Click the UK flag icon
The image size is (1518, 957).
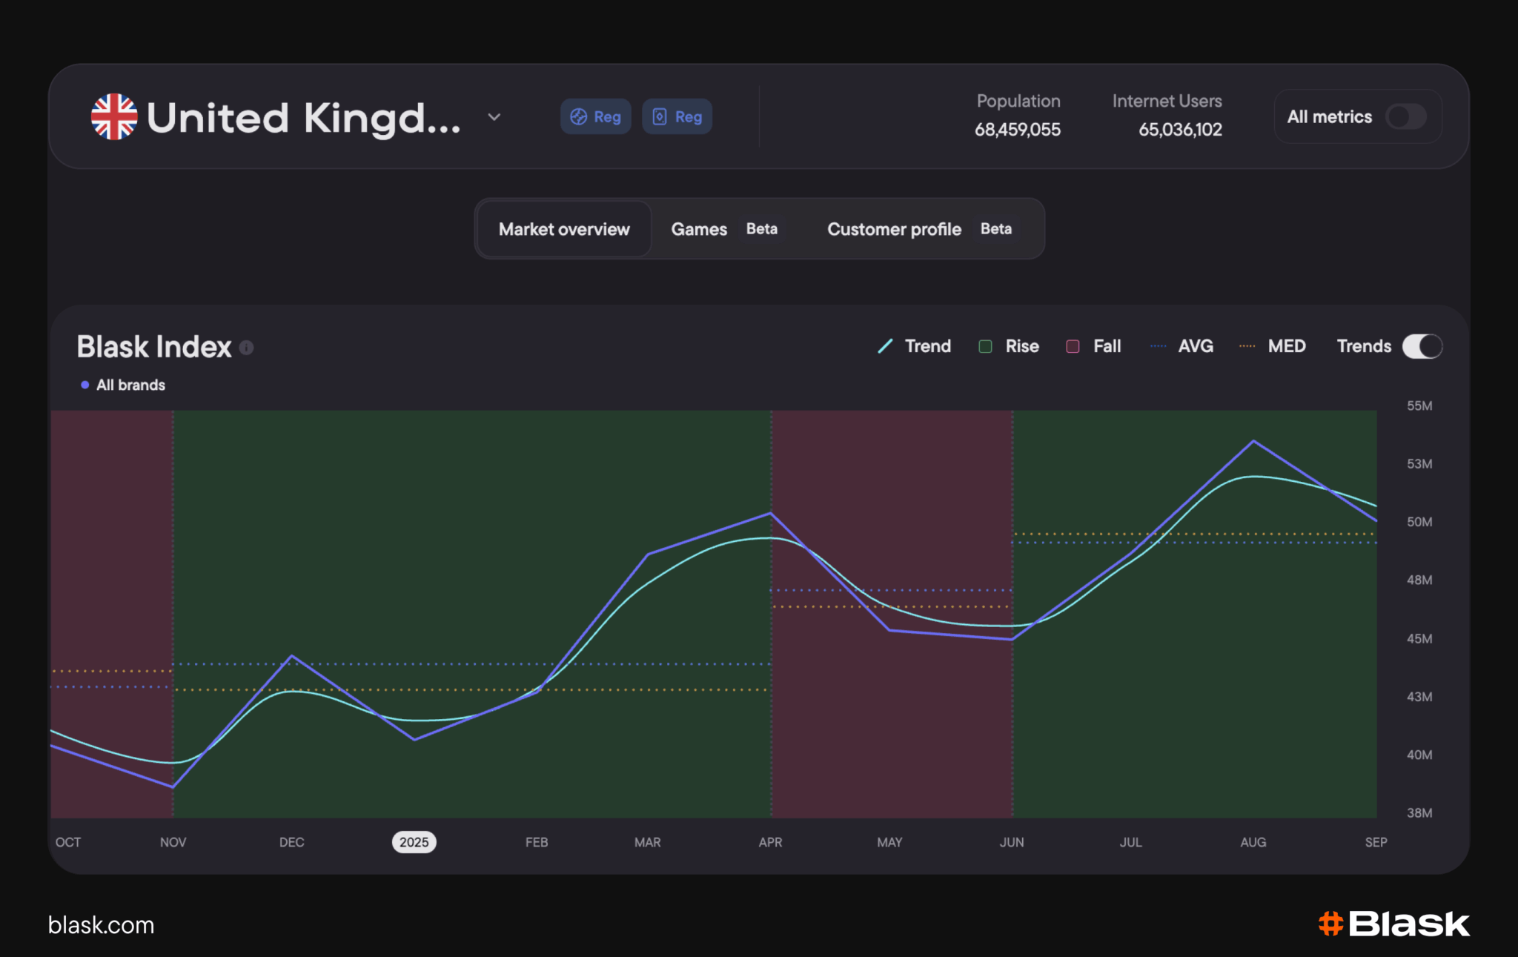[114, 116]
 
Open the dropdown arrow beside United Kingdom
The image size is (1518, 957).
[494, 117]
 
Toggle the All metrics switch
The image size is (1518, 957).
[1405, 116]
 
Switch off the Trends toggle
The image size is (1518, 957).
[1422, 346]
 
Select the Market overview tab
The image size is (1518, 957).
[564, 229]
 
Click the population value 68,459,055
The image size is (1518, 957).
[1017, 130]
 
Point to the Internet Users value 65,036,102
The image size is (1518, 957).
[1180, 130]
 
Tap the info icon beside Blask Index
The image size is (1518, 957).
[247, 348]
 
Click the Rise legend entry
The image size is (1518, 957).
[1009, 346]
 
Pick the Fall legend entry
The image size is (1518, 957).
[1093, 346]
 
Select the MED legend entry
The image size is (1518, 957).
[1272, 346]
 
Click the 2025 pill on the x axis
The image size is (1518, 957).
[414, 842]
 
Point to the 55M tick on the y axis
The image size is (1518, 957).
[1419, 405]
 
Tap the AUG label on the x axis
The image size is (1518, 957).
[1253, 842]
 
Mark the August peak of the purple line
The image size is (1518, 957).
[1253, 441]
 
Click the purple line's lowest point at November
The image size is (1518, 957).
[173, 787]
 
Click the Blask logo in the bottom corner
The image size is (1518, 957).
[1393, 924]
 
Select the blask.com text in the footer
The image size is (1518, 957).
[101, 925]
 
